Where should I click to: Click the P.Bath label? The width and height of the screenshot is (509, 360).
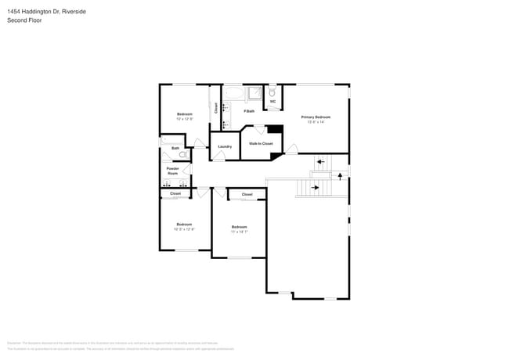249,111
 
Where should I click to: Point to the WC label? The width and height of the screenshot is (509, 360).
273,102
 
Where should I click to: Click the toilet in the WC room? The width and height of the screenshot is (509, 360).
273,92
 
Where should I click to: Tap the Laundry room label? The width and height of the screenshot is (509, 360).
225,146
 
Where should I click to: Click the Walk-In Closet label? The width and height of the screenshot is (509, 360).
261,143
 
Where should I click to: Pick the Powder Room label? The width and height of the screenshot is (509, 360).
172,171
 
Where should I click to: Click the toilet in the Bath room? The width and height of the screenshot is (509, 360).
182,155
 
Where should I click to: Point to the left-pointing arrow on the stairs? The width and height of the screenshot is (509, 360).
319,164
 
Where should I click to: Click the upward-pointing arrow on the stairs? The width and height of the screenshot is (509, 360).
340,176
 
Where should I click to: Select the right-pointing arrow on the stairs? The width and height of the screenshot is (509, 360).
316,188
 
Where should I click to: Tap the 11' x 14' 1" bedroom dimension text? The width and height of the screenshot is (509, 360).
239,232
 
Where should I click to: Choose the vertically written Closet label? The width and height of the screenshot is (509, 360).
216,109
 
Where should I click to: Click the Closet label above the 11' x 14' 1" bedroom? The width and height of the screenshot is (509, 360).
247,194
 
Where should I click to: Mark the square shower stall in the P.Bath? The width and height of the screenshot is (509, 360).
254,95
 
